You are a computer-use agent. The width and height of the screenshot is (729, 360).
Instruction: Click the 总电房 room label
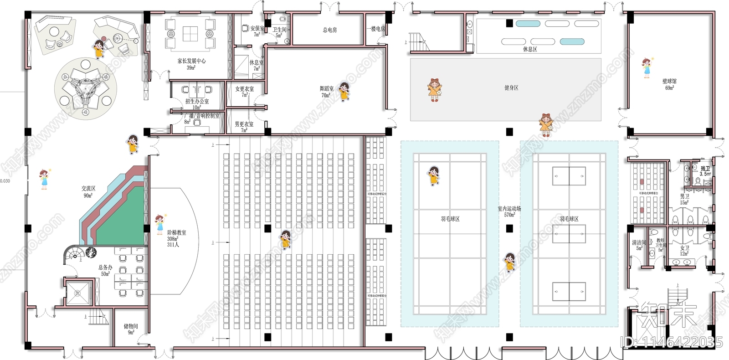[x=330, y=30]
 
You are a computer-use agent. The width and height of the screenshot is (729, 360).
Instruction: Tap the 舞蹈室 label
[x=326, y=89]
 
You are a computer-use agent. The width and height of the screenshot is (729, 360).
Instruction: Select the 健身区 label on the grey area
[x=511, y=87]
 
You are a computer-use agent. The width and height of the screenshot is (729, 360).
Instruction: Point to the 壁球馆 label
[x=669, y=82]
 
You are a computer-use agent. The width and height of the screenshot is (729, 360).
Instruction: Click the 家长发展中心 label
[x=191, y=61]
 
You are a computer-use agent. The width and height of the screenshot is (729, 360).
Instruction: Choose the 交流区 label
[x=88, y=188]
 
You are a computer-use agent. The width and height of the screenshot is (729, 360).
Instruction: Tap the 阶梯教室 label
[x=176, y=232]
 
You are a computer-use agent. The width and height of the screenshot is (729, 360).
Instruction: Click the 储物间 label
[x=131, y=326]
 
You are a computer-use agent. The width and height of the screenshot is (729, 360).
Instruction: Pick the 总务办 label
[x=105, y=267]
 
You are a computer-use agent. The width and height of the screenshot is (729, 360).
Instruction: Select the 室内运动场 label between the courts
[x=509, y=209]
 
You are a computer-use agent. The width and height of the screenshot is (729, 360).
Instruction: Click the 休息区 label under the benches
[x=530, y=49]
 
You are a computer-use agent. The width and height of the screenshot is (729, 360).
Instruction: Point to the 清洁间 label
[x=639, y=242]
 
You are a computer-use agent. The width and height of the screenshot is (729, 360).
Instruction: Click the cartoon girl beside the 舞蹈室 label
[x=344, y=91]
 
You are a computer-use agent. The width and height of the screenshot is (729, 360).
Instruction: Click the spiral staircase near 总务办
[x=72, y=255]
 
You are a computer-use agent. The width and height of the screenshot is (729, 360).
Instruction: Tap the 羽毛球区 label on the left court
[x=450, y=219]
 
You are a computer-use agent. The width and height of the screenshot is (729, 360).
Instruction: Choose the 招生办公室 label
[x=197, y=102]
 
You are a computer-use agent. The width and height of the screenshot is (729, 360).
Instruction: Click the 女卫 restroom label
[x=684, y=248]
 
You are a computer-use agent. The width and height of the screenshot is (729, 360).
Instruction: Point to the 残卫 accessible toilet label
[x=705, y=169]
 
